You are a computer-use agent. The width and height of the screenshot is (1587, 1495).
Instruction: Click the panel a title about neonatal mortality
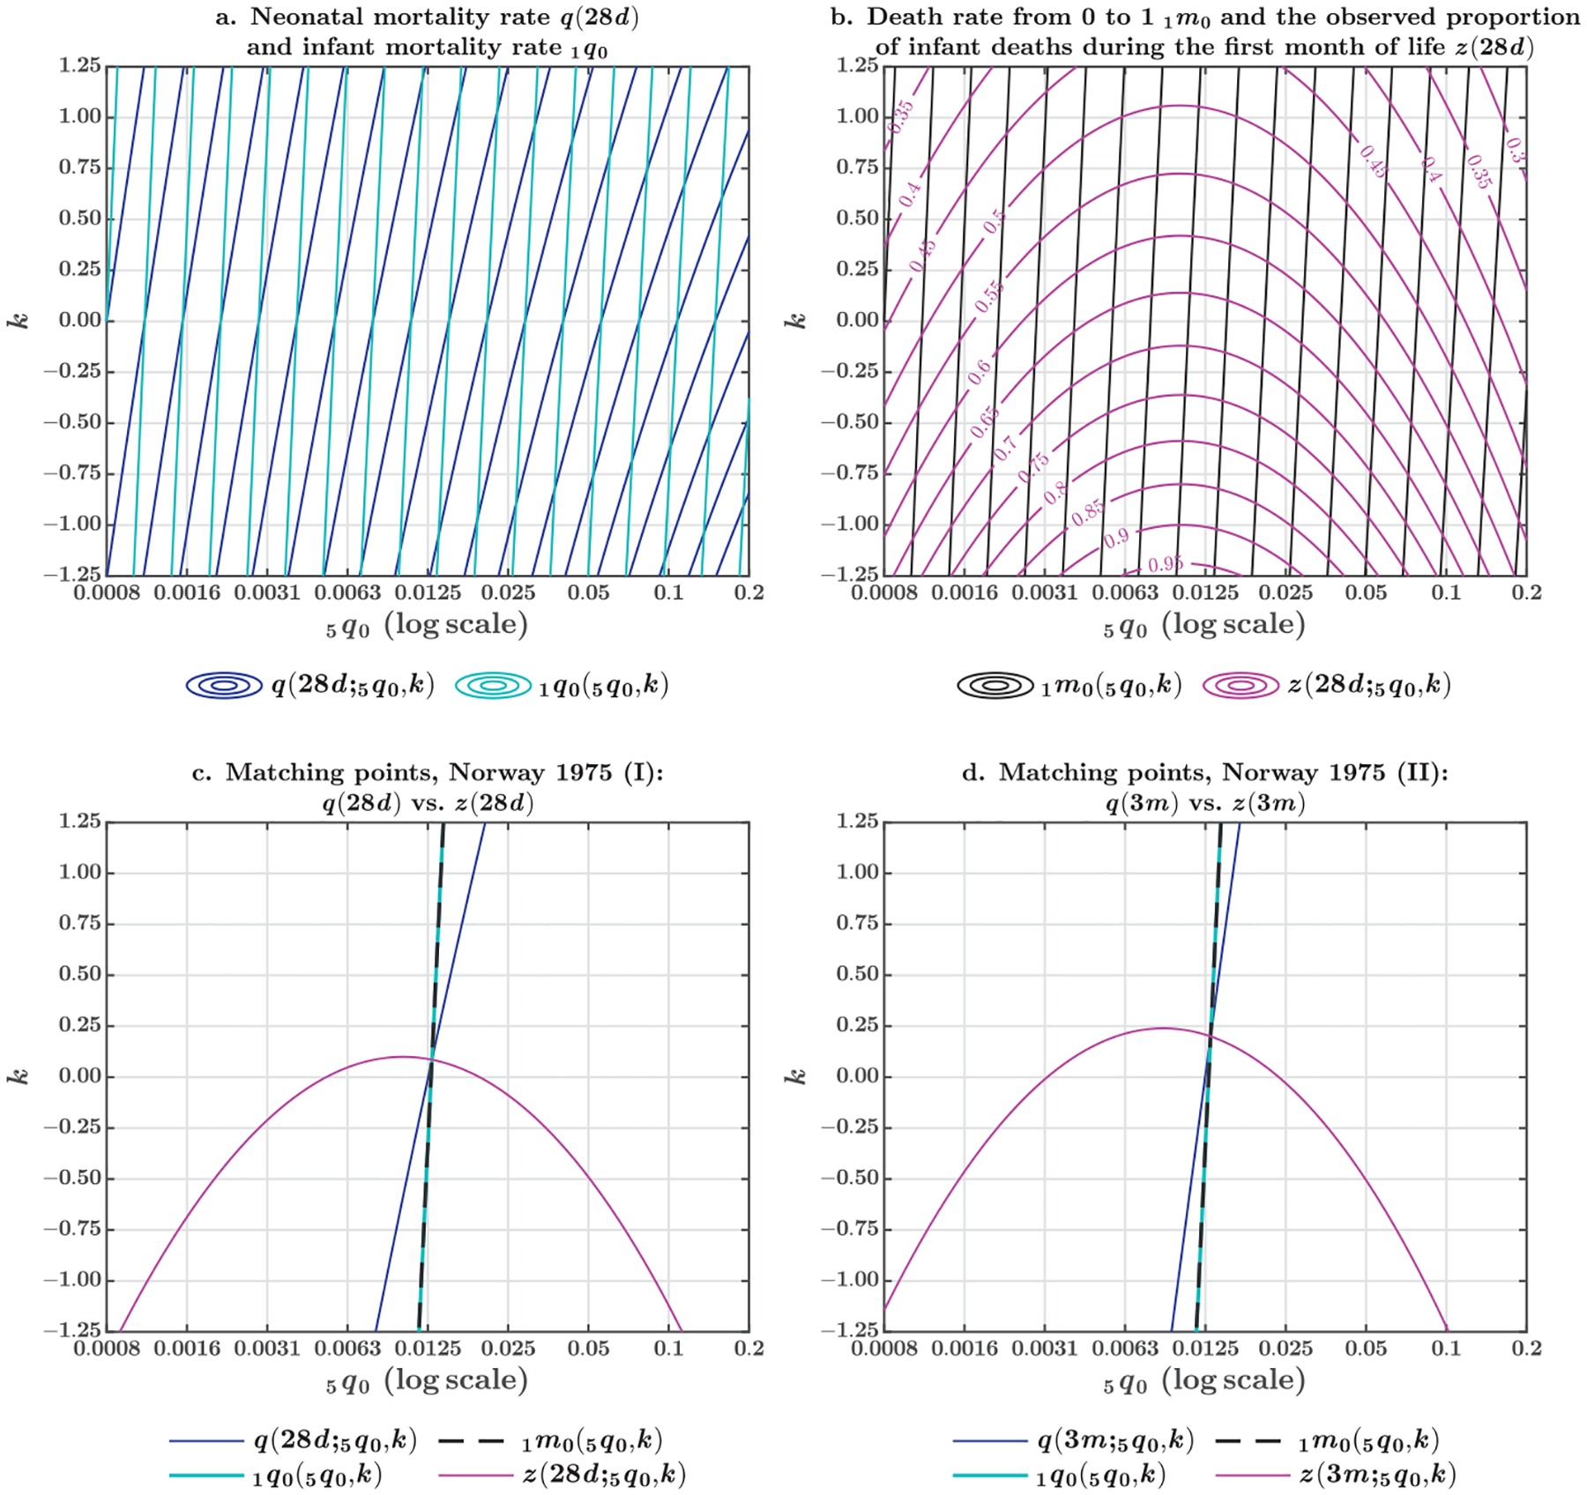point(427,32)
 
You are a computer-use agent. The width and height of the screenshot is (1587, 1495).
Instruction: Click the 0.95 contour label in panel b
point(1166,564)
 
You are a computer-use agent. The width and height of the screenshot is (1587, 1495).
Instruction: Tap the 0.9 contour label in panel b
point(1116,538)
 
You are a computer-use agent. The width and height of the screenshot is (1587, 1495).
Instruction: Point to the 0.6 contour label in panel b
point(979,372)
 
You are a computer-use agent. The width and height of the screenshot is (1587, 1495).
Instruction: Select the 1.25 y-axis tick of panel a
point(79,65)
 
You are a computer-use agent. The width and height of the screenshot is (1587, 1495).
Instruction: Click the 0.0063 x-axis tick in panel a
point(347,593)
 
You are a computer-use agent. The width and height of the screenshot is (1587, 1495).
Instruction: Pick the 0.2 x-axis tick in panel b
point(1526,593)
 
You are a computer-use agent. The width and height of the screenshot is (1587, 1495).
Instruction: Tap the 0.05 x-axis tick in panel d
point(1366,1350)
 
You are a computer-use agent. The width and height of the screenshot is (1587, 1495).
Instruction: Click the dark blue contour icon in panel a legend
point(224,685)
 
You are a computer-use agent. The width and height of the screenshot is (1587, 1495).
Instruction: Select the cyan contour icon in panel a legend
point(493,685)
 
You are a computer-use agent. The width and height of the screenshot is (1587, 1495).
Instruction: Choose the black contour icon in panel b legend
point(995,685)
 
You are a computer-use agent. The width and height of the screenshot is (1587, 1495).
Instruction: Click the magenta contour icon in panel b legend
point(1241,685)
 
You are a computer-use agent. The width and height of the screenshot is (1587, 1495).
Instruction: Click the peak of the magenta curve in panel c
point(402,1056)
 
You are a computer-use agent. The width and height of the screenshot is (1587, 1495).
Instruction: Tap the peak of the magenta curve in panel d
point(1162,1028)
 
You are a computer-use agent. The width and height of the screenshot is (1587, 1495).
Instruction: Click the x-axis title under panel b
point(1204,626)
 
